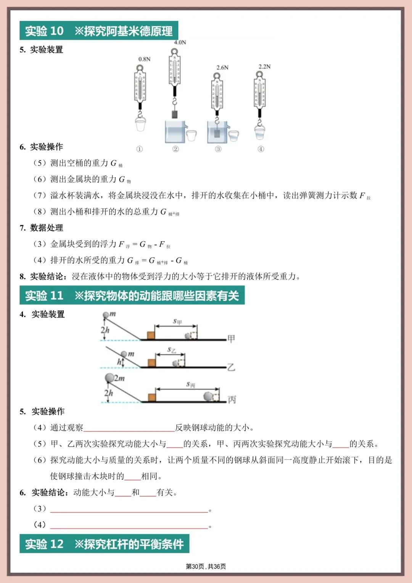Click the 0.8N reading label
coord(144,59)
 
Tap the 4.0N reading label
coord(180,42)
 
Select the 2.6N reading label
coord(222,68)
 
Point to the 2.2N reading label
coord(264,66)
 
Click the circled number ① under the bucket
coord(140,149)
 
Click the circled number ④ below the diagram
coord(261,149)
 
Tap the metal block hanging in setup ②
coord(175,114)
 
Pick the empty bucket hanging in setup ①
coord(140,124)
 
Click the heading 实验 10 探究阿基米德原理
coord(99,31)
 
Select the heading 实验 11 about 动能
coord(132,296)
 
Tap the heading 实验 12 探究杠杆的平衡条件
coord(104,544)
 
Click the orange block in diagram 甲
coord(151,335)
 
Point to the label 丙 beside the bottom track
coord(232,399)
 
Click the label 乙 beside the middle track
coord(231,367)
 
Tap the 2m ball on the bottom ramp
coord(110,378)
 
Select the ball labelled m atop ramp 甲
coord(106,315)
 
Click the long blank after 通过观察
coord(129,428)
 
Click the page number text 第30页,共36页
coord(206,567)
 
